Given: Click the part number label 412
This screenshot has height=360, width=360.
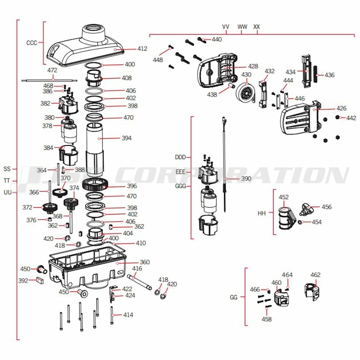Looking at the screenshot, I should point(142,49).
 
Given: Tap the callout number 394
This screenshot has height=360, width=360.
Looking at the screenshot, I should point(127,138).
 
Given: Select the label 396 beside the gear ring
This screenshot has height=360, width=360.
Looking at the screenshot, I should point(132,186).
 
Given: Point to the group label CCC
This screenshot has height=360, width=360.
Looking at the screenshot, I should point(32,42).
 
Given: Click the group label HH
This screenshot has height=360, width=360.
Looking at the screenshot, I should point(262,213).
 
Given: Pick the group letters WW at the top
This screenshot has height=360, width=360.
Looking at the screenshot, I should point(242,27).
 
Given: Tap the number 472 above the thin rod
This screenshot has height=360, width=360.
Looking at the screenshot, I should point(53,71).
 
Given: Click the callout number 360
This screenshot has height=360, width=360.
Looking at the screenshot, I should point(145,262).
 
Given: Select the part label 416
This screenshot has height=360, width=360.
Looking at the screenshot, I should point(137,269).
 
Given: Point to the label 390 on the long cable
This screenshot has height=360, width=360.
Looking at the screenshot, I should point(246,179).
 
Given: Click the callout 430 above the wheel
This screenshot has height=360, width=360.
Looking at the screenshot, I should point(246,75).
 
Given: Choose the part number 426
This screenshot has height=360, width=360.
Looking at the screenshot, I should point(341,108).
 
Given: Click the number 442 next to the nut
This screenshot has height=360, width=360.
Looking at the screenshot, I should point(351,118).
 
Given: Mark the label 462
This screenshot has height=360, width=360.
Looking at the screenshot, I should point(315,275).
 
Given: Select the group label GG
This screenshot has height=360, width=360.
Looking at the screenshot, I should point(234,297).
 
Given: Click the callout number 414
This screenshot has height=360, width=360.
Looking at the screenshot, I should point(128,315).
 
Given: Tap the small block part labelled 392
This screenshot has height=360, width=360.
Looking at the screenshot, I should point(40,281).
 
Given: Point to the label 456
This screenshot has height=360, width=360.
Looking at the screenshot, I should point(327,207).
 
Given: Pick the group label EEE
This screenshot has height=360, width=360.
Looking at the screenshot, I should point(180,172).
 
